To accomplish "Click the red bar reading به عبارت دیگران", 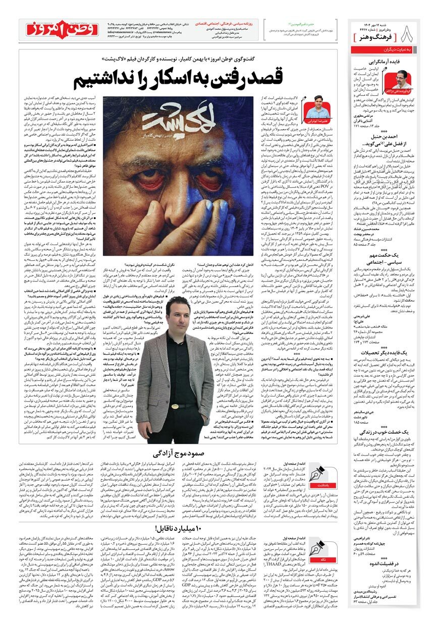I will click(x=384, y=51).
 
